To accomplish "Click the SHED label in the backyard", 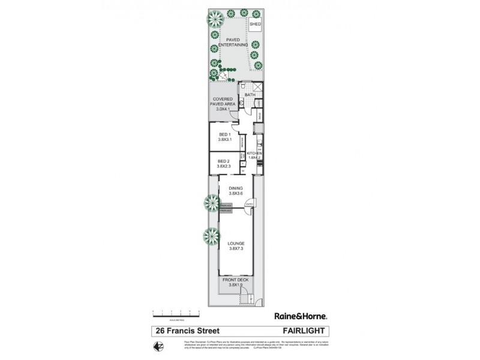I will coord(255,25).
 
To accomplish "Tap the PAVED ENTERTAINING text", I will coord(233,43).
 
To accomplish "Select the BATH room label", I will coord(250,95).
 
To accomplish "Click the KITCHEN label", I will coord(255,156).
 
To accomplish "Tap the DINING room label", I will coord(235,191).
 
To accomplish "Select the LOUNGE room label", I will coord(236,245).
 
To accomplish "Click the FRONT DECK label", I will coord(236,282).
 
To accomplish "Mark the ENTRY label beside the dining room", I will coord(248,205).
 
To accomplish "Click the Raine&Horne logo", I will coord(300,316).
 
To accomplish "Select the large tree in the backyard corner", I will coord(214,19).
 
